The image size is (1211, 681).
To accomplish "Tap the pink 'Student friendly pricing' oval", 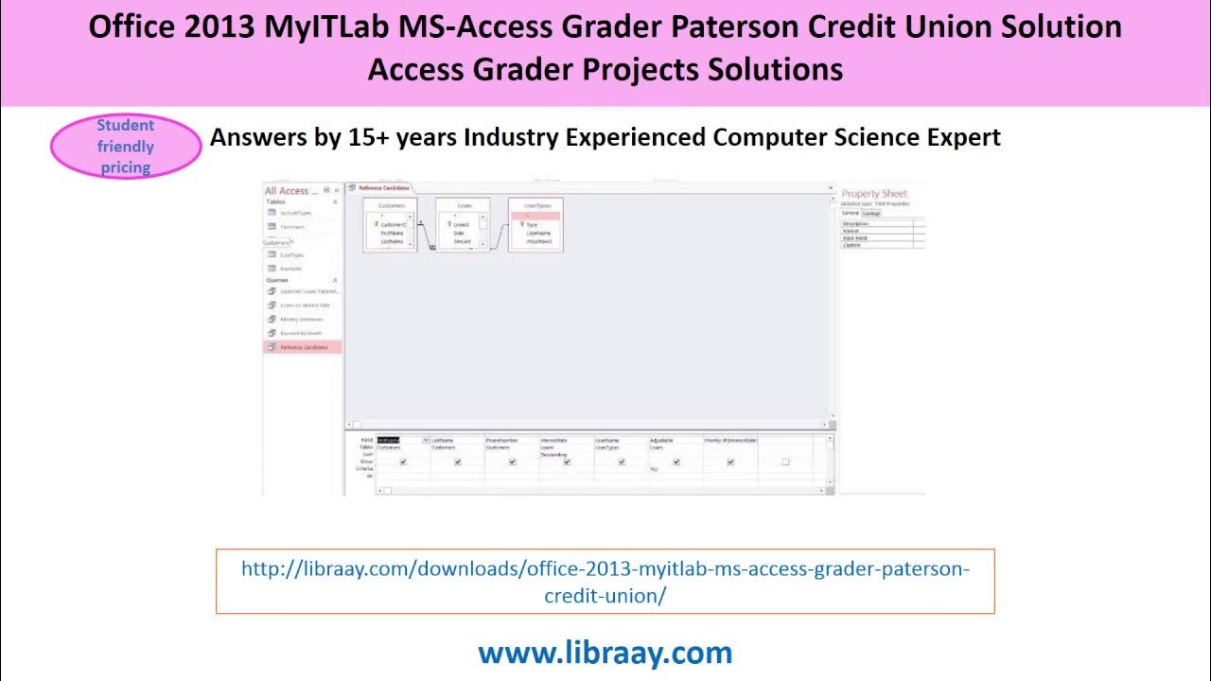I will tap(126, 147).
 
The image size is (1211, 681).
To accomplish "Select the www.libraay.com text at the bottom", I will tap(605, 652).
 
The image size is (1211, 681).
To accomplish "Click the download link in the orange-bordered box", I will tap(605, 582).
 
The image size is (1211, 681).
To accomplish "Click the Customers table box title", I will tap(391, 205).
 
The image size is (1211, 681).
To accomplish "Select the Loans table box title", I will tap(462, 205).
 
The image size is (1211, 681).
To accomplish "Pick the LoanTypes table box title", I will tap(535, 205).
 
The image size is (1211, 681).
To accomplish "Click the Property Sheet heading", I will tap(874, 194).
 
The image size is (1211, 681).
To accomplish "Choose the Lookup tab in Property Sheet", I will tap(870, 213).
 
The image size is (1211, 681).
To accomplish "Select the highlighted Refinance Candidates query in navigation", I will tap(304, 347).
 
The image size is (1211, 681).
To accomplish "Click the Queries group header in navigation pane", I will tap(277, 280).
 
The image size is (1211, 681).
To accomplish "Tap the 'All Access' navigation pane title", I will tap(291, 191).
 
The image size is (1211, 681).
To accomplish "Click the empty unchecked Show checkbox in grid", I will tap(785, 462).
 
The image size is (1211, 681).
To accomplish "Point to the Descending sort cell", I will tap(554, 455).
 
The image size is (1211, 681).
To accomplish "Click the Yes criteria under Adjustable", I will tap(654, 469).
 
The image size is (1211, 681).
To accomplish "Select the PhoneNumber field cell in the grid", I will tap(502, 440).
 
